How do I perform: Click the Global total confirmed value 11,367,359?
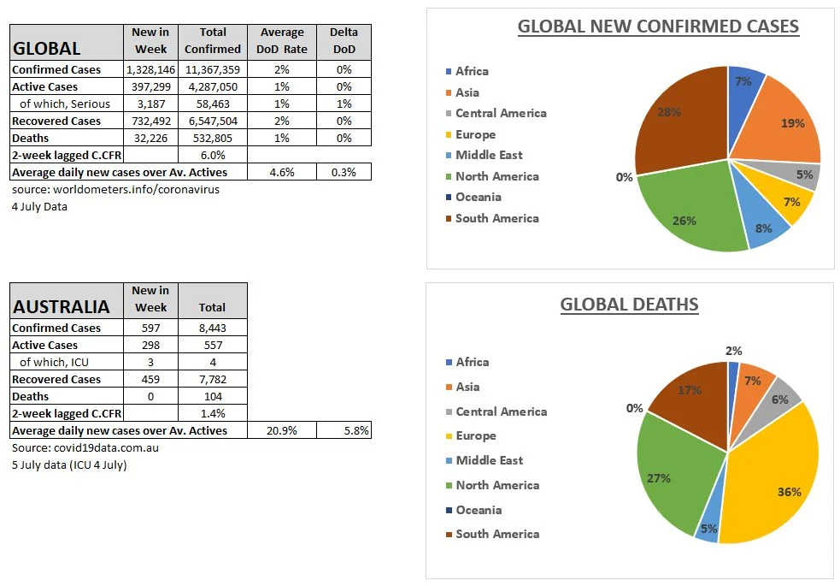pyautogui.click(x=211, y=69)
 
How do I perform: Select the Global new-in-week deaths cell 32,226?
pyautogui.click(x=151, y=138)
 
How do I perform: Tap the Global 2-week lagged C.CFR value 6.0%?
pyautogui.click(x=211, y=155)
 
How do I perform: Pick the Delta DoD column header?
pyautogui.click(x=344, y=41)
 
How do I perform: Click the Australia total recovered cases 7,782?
pyautogui.click(x=211, y=379)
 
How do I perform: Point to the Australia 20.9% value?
pyautogui.click(x=282, y=430)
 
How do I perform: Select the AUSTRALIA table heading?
pyautogui.click(x=61, y=306)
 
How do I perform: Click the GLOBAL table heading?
pyautogui.click(x=47, y=48)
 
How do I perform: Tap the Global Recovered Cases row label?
pyautogui.click(x=56, y=121)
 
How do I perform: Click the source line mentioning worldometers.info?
pyautogui.click(x=115, y=189)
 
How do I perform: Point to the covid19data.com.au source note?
pyautogui.click(x=85, y=447)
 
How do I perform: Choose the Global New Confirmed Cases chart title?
pyautogui.click(x=658, y=27)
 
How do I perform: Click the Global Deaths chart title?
pyautogui.click(x=629, y=305)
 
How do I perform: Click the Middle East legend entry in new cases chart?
pyautogui.click(x=489, y=155)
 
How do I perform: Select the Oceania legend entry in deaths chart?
pyautogui.click(x=479, y=510)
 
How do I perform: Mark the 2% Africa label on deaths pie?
pyautogui.click(x=733, y=350)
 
